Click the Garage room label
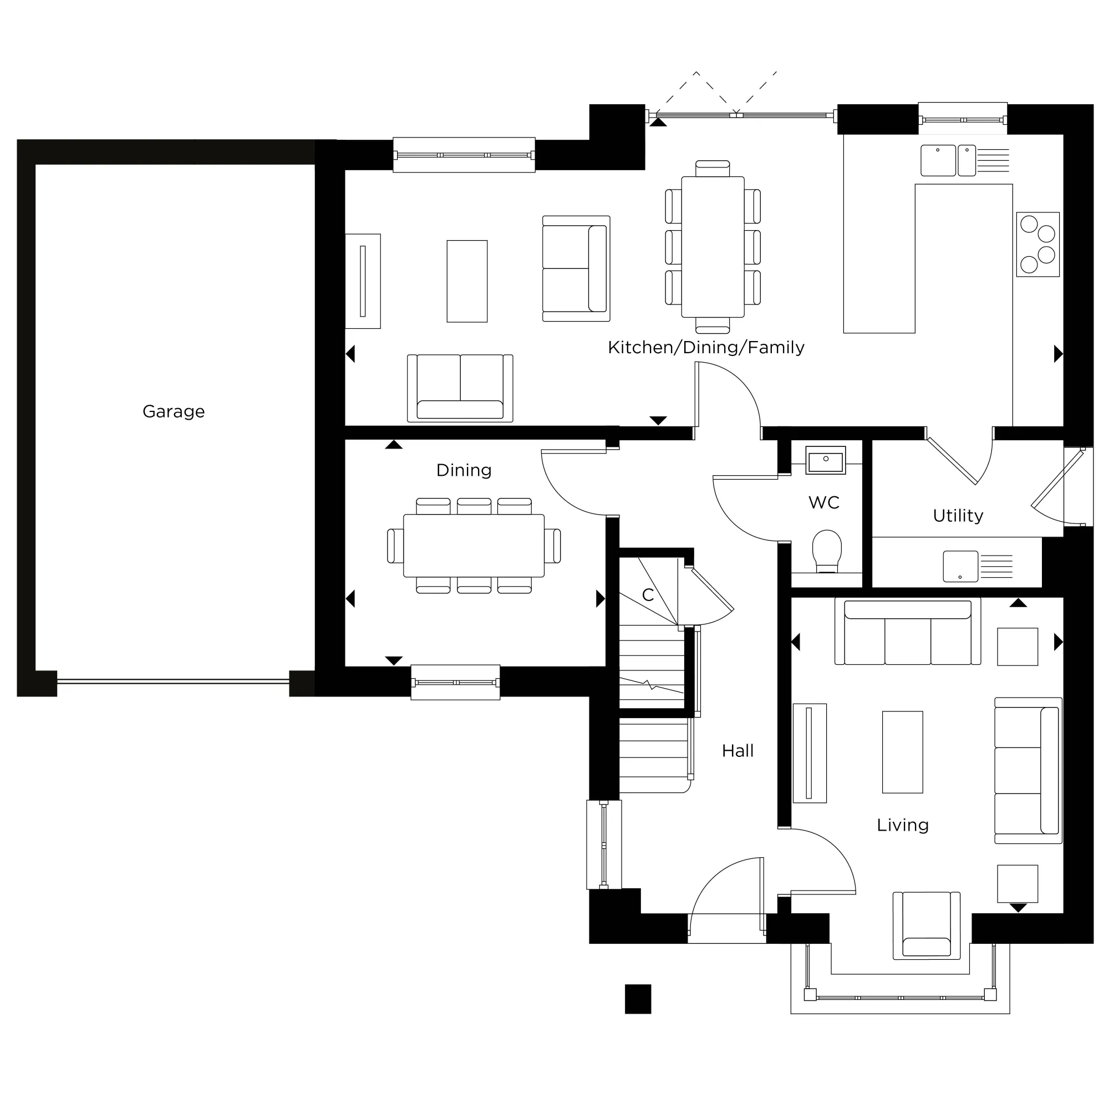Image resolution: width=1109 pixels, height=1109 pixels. click(174, 411)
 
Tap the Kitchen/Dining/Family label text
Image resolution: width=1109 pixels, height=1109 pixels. click(705, 347)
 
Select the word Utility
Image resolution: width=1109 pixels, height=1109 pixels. click(958, 516)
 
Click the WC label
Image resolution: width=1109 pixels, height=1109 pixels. click(824, 503)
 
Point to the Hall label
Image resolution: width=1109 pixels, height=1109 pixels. click(737, 751)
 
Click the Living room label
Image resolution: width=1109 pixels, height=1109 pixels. click(902, 826)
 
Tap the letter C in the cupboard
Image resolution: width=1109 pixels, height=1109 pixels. click(648, 594)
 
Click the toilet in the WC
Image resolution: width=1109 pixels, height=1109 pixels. click(827, 551)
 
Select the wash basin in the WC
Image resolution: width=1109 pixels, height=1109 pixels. click(826, 460)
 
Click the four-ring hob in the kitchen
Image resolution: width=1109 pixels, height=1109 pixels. click(1037, 244)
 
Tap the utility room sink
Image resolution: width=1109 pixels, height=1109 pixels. click(960, 566)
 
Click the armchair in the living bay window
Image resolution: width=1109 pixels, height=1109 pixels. click(926, 925)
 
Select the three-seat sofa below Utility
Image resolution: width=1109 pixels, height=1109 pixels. click(907, 632)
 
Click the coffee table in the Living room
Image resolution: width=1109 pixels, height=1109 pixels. click(902, 752)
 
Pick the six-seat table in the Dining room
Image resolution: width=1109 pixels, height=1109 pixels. click(474, 545)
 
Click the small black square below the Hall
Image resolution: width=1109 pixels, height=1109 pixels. click(638, 999)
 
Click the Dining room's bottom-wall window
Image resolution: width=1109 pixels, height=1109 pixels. click(455, 682)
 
